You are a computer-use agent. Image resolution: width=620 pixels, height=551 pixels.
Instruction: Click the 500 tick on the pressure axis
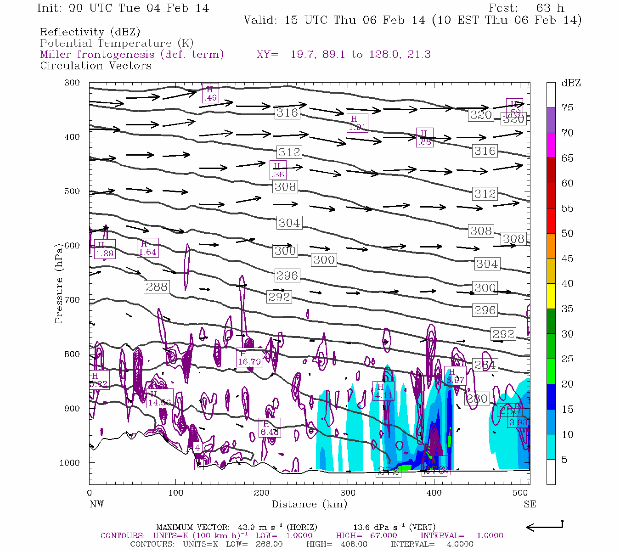point(73,191)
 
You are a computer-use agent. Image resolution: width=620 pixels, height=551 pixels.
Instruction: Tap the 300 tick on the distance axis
point(348,493)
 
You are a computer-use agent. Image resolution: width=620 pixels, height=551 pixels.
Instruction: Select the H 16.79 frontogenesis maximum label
point(249,358)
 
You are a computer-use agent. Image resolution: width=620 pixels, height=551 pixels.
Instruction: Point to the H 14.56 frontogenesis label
point(160,399)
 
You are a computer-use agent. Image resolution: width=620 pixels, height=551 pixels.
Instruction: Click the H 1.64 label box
point(147,248)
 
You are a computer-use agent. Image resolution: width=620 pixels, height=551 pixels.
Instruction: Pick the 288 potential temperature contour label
point(157,287)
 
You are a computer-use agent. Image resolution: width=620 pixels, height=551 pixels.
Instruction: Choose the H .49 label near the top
point(210,94)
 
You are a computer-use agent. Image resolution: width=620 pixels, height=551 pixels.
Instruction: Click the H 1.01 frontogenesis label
point(357,123)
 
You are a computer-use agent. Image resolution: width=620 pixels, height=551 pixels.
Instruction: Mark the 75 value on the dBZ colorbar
point(568,108)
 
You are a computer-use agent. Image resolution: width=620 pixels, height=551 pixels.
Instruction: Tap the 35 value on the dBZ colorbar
point(568,309)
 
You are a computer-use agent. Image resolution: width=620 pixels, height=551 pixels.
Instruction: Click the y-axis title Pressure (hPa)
point(59,283)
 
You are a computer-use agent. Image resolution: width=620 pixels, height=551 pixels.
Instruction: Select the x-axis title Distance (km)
point(309,504)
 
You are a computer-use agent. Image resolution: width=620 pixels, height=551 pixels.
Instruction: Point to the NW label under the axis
point(96,504)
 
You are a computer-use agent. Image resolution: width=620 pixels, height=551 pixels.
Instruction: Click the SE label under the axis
point(530,504)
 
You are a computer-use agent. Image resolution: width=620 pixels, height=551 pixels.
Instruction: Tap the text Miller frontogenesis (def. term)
point(132,55)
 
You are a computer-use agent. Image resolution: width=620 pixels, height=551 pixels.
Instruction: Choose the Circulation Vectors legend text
point(96,66)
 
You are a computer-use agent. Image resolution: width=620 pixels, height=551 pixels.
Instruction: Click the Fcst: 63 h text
point(526,8)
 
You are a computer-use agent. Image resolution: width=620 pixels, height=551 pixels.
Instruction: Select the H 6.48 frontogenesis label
point(270,428)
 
